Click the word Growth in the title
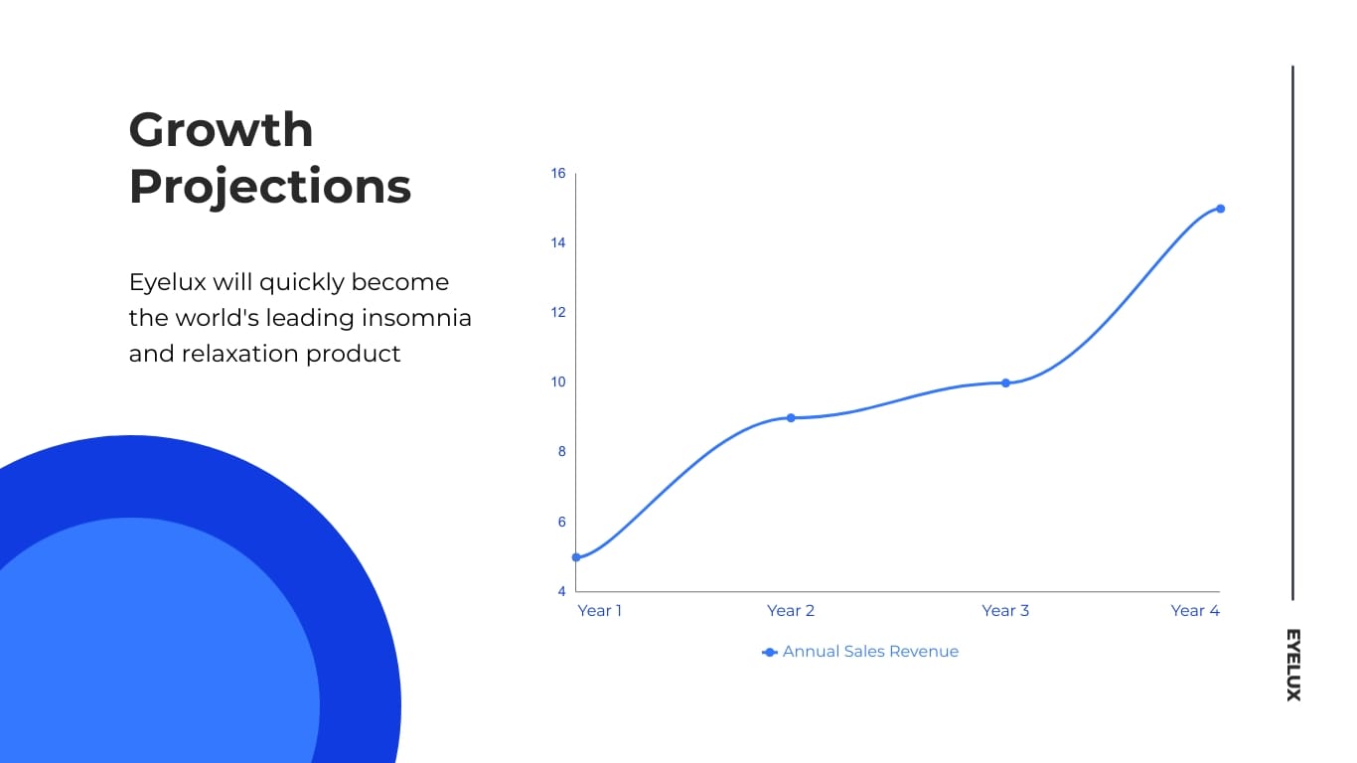coord(221,129)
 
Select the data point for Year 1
coord(576,557)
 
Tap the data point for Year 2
coord(791,417)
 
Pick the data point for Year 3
coord(1005,382)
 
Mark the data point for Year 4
coord(1220,209)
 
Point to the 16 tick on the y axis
coord(558,174)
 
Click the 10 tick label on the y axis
coord(558,382)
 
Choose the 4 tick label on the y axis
coord(561,591)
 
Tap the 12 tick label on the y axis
coord(558,313)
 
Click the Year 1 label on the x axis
coord(599,610)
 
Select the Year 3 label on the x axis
coord(1005,610)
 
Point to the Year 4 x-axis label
coord(1195,610)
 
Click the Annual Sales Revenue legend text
coord(870,652)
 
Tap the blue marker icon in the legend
coord(769,652)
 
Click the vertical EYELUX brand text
coord(1292,665)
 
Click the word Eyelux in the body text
coord(167,282)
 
